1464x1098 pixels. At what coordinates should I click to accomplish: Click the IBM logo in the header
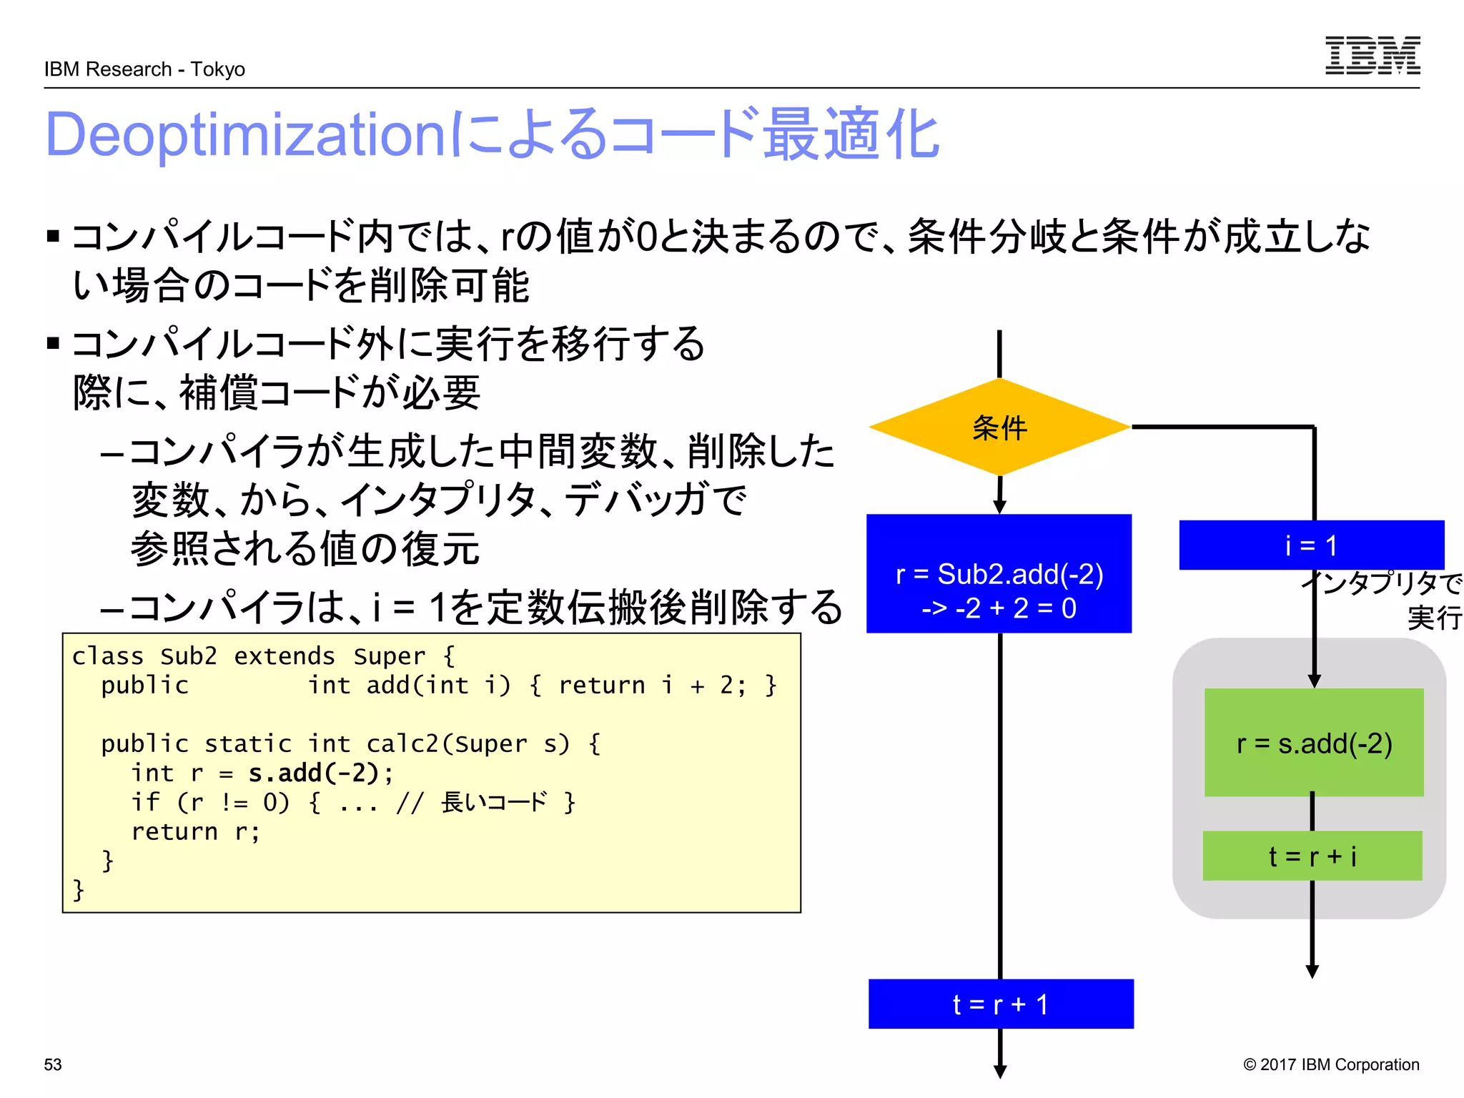(1372, 55)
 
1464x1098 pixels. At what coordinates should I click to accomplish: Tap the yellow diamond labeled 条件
(999, 427)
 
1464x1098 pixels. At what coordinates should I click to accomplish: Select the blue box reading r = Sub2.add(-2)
(999, 573)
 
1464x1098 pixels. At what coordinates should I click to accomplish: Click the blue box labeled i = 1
(1310, 545)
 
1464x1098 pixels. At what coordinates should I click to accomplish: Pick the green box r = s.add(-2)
(1313, 743)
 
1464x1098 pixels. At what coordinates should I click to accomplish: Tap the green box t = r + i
(1312, 856)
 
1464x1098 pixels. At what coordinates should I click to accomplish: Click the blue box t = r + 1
(1000, 1004)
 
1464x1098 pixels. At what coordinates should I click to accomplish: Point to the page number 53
(53, 1064)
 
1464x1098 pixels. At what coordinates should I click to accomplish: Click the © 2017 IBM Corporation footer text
(1330, 1064)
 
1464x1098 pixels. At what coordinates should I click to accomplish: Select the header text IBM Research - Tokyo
(144, 69)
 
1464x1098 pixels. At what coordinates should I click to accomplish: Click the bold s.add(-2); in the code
(320, 773)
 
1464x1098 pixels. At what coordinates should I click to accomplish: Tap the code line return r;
(195, 831)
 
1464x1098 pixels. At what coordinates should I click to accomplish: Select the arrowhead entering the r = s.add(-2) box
(1314, 681)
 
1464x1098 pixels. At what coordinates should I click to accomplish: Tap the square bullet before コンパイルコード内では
(53, 236)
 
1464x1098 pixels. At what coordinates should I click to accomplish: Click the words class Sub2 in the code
(144, 656)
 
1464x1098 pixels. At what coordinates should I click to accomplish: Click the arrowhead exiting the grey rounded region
(1312, 971)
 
